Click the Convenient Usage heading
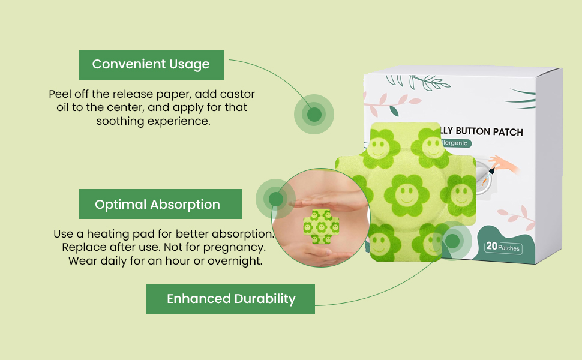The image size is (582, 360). (x=151, y=65)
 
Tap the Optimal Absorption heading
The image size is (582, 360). (x=157, y=205)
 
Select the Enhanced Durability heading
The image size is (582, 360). (x=231, y=299)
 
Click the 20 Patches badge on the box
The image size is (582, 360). (x=503, y=247)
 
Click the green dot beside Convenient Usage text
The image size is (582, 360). (x=314, y=114)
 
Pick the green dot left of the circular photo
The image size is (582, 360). (x=275, y=199)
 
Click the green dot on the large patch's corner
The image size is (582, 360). (x=452, y=241)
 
